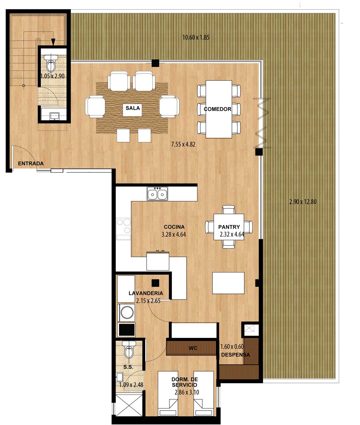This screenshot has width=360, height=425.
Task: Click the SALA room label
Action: pyautogui.click(x=133, y=108)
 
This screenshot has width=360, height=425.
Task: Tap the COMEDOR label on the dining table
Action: pyautogui.click(x=217, y=109)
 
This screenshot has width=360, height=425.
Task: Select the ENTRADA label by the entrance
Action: pyautogui.click(x=31, y=164)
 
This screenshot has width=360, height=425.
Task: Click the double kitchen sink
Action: pyautogui.click(x=157, y=194)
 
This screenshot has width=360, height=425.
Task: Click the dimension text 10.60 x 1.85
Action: pyautogui.click(x=196, y=38)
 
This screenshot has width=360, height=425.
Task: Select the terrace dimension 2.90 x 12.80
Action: pyautogui.click(x=303, y=202)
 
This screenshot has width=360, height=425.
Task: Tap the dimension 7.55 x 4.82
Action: pyautogui.click(x=183, y=144)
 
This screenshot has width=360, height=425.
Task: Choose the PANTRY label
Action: pyautogui.click(x=229, y=227)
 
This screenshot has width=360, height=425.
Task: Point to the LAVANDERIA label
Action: pyautogui.click(x=146, y=293)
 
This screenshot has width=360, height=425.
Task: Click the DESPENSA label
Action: pyautogui.click(x=235, y=355)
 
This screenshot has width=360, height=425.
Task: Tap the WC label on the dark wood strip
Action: pyautogui.click(x=193, y=348)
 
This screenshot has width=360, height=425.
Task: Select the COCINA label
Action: pyautogui.click(x=174, y=227)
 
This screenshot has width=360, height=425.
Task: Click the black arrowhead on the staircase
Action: pyautogui.click(x=53, y=42)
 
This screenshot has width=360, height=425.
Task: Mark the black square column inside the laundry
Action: pyautogui.click(x=155, y=283)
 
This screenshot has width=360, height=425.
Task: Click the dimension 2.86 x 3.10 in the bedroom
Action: pyautogui.click(x=187, y=392)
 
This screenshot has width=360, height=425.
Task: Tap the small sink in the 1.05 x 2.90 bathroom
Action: pyautogui.click(x=54, y=116)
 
